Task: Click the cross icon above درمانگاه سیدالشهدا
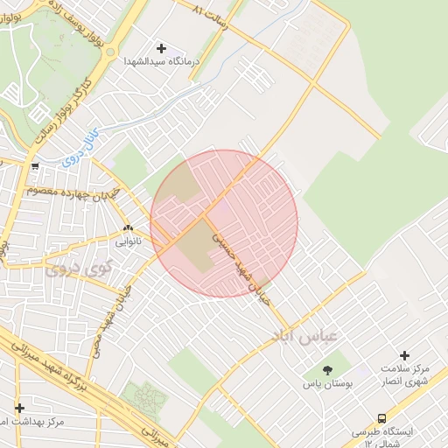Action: [161, 48]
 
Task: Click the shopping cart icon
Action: [34, 166]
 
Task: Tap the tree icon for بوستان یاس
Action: [328, 371]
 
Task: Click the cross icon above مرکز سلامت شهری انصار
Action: [404, 355]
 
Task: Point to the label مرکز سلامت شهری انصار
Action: [404, 374]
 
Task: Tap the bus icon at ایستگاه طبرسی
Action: [381, 418]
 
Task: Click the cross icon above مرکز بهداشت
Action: [19, 408]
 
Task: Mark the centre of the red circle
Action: [224, 223]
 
